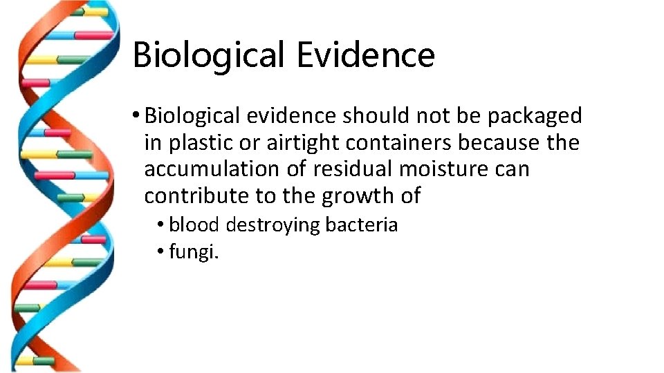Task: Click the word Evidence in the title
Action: click(365, 55)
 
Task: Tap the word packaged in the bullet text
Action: click(535, 116)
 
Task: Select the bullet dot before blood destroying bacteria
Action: click(160, 224)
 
